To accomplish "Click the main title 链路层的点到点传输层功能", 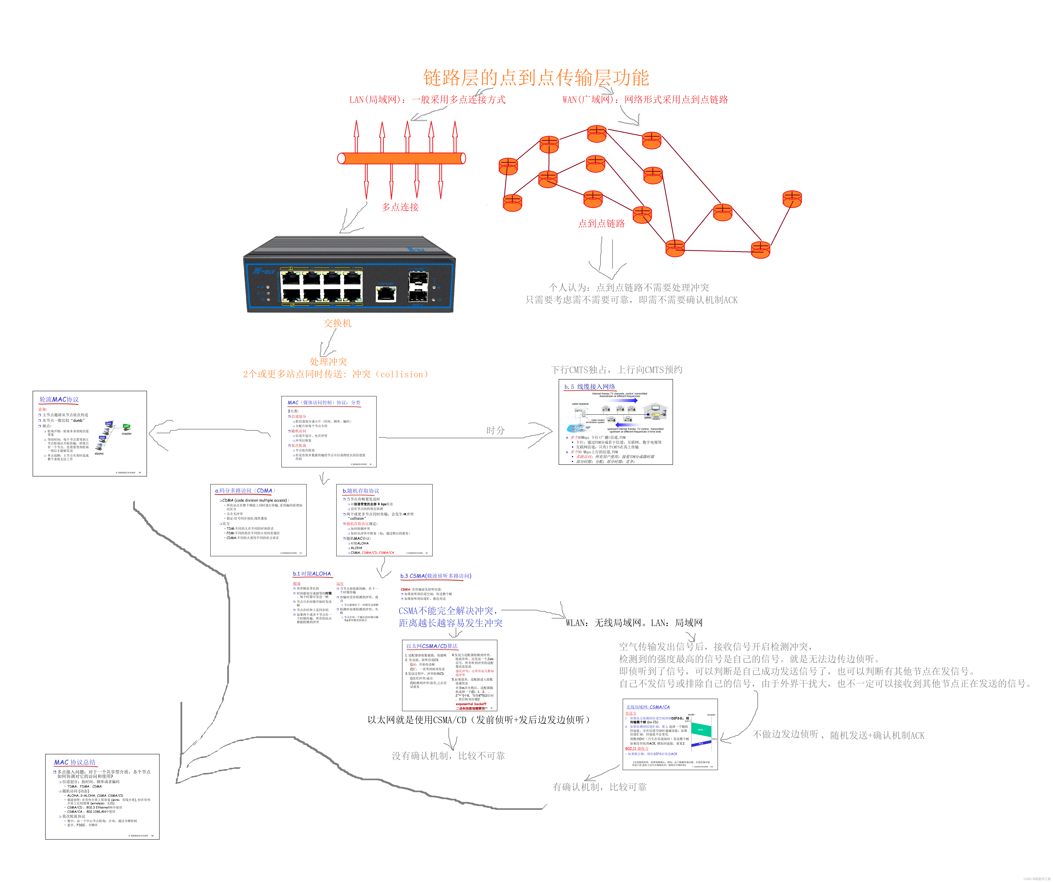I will click(x=535, y=78).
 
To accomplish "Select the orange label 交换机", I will click(x=337, y=323).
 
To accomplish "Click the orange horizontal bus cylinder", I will click(x=401, y=158).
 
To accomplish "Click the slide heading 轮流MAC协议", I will click(x=59, y=399).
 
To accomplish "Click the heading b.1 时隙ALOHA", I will click(x=312, y=574).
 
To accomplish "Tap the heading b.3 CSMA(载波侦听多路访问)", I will click(x=435, y=576).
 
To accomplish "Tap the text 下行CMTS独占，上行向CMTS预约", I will click(x=616, y=370).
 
